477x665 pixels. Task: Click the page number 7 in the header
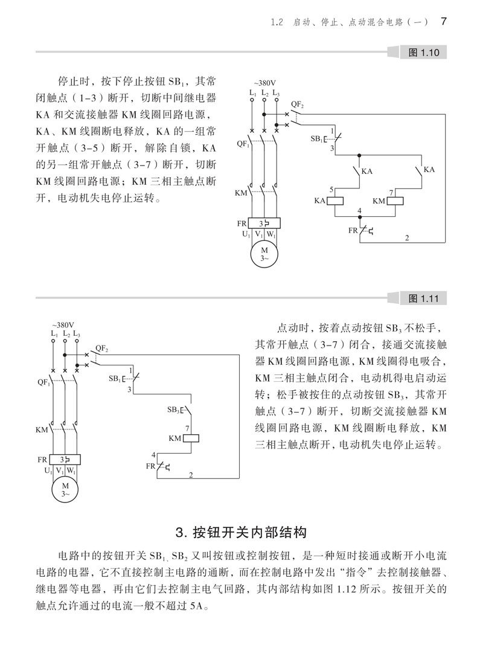444,22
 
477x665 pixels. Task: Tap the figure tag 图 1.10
423,53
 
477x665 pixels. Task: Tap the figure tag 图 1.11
423,298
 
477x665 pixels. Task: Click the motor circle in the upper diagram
264,254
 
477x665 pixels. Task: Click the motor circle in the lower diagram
65,489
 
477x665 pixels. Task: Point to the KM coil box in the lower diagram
191,438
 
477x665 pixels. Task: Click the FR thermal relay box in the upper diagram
264,223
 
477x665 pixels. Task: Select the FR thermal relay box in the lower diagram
65,460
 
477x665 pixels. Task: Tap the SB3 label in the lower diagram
173,410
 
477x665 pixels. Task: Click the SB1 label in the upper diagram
316,139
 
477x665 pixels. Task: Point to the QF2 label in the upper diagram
297,104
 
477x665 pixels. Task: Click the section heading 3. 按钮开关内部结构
241,532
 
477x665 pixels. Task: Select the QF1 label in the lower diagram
43,382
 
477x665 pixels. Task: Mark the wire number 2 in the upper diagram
407,239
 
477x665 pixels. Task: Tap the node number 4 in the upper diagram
359,211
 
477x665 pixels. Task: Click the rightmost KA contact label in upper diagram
429,170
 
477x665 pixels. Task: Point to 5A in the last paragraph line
197,606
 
